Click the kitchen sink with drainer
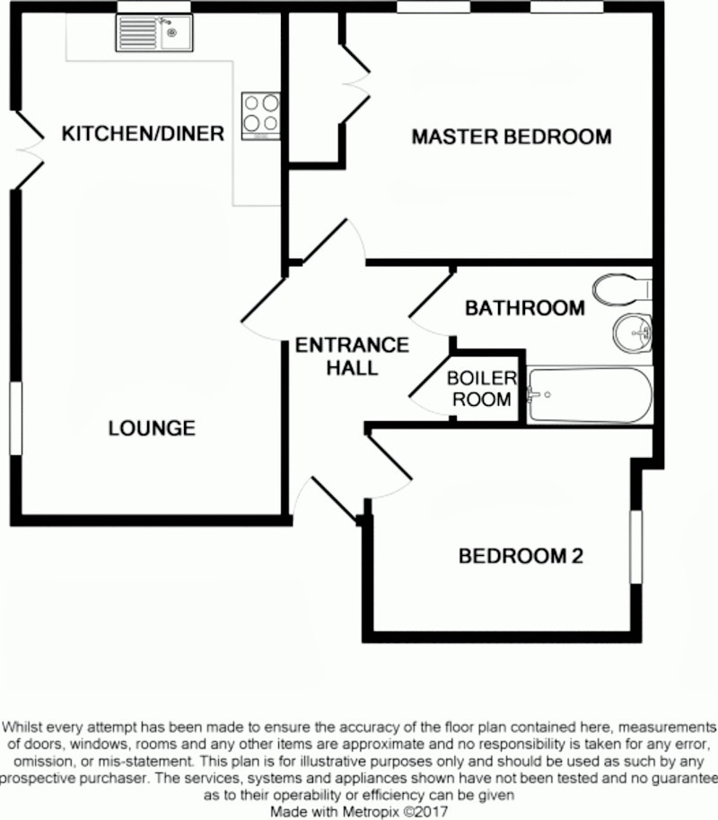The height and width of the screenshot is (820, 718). [154, 33]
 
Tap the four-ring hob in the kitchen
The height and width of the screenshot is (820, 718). [261, 116]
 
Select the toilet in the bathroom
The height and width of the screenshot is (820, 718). [622, 289]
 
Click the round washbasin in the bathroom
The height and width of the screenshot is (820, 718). [632, 333]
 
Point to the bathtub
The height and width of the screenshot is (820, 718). [590, 394]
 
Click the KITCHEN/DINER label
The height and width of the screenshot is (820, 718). [143, 133]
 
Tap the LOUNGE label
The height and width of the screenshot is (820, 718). [152, 428]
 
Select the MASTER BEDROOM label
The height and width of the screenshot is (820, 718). [512, 137]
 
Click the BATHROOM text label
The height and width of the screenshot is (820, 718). [525, 308]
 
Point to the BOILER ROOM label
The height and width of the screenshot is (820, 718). [481, 389]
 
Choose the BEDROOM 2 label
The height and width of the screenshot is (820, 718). [521, 556]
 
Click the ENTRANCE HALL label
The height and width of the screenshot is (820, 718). [352, 357]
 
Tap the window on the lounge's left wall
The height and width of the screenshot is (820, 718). [16, 418]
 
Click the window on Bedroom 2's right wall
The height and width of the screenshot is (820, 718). [636, 546]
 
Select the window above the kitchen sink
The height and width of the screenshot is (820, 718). [153, 7]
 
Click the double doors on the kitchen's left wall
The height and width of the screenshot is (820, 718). [30, 150]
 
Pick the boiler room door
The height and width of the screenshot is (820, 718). [430, 387]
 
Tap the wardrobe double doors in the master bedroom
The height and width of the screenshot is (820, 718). [355, 84]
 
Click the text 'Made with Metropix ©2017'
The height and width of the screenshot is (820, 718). [359, 812]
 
